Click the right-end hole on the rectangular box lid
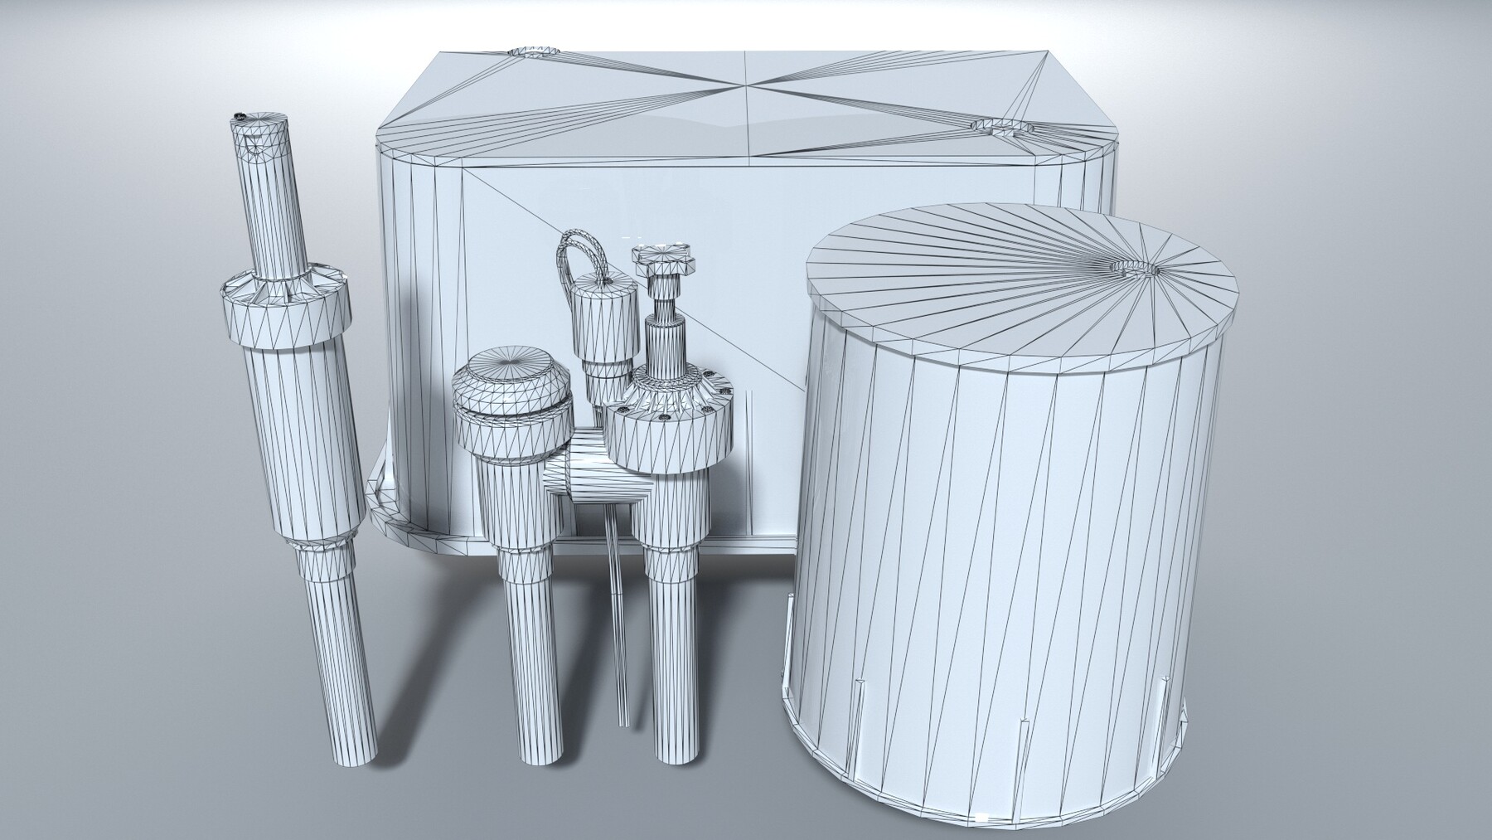[x=1000, y=127]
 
